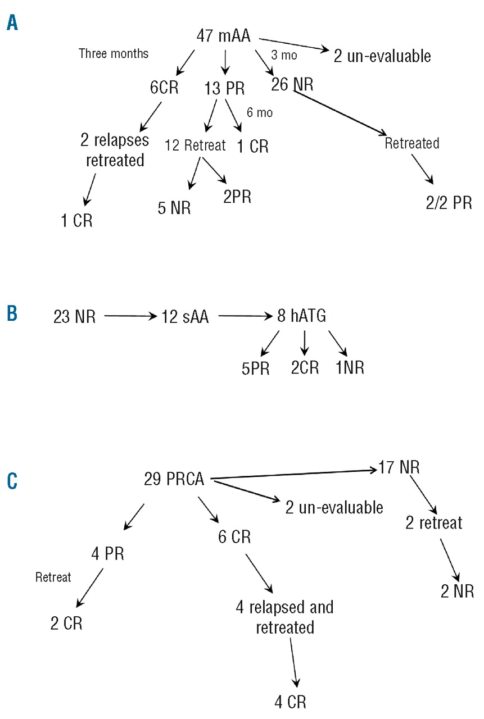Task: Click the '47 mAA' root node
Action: tap(223, 35)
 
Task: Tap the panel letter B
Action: tap(12, 313)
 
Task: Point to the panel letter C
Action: tap(12, 481)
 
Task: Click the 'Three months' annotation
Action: tap(114, 54)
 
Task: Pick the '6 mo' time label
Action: tap(260, 112)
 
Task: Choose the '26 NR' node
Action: tap(292, 85)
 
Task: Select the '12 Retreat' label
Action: tap(195, 145)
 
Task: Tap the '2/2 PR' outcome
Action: tap(449, 202)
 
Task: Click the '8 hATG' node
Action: tap(301, 317)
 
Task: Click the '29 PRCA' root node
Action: tap(175, 480)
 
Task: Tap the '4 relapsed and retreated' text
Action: tap(284, 617)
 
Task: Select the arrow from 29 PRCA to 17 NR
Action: tap(292, 473)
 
